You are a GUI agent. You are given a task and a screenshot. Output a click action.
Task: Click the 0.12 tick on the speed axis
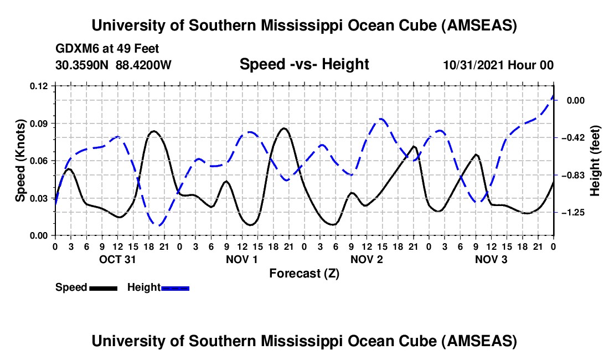click(x=40, y=86)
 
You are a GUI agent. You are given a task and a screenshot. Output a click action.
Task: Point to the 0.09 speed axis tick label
click(x=40, y=123)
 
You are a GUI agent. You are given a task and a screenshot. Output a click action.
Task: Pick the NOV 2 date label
click(x=367, y=259)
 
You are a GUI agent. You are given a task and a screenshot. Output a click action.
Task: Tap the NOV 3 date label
click(x=491, y=259)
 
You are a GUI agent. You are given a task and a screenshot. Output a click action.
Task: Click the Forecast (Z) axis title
click(x=304, y=274)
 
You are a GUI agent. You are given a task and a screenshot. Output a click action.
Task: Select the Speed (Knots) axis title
click(x=20, y=160)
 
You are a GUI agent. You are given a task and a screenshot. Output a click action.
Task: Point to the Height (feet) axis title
click(x=595, y=161)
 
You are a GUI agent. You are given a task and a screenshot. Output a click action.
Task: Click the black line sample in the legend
click(x=103, y=288)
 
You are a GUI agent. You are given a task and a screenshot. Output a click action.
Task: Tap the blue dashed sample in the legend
click(x=175, y=288)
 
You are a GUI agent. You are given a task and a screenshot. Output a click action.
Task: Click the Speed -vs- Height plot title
click(x=304, y=65)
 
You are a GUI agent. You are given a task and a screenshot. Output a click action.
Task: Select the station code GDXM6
click(x=75, y=49)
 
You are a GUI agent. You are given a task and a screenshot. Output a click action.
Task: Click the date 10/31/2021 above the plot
click(x=472, y=65)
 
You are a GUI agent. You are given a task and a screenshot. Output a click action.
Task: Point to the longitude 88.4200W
click(x=144, y=65)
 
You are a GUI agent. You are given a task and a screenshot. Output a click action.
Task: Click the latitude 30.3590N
click(x=83, y=65)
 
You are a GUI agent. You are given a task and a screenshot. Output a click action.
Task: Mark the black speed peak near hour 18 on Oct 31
click(x=153, y=131)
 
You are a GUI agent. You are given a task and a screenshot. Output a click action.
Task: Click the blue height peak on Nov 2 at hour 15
click(x=381, y=119)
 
